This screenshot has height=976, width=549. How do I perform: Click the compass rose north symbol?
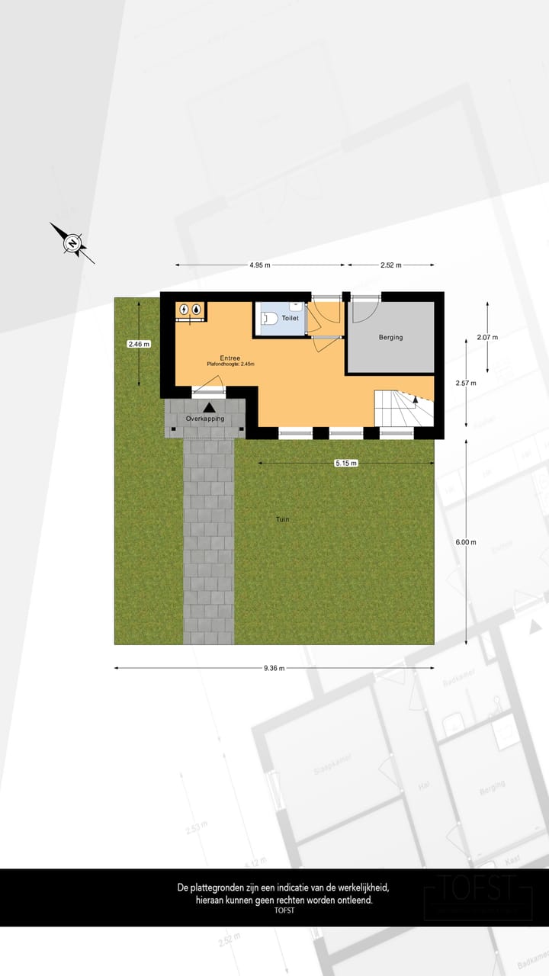click(72, 244)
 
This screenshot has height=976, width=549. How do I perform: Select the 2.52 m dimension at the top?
click(391, 265)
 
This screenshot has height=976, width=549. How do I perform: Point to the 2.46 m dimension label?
click(139, 344)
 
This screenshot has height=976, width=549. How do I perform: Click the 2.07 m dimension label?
click(486, 337)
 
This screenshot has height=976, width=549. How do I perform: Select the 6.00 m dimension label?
click(465, 542)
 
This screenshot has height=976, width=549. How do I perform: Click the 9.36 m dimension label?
click(274, 668)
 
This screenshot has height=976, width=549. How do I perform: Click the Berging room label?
click(390, 337)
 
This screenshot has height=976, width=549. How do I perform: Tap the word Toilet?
click(290, 318)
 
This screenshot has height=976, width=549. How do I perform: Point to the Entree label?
click(230, 358)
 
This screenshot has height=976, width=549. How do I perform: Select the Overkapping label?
click(205, 419)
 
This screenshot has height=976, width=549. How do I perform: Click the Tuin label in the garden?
click(282, 519)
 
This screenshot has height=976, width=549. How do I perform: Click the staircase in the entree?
click(400, 409)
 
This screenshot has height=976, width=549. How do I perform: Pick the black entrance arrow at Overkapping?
click(209, 408)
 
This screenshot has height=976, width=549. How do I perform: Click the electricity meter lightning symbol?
click(185, 310)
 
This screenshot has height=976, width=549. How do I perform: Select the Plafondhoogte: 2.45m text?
click(230, 364)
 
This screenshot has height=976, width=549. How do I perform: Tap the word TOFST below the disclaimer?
click(284, 910)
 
